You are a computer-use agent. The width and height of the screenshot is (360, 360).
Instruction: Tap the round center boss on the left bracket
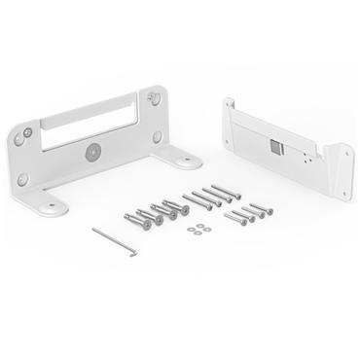(93, 153)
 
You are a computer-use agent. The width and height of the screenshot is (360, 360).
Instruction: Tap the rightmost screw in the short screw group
(265, 208)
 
